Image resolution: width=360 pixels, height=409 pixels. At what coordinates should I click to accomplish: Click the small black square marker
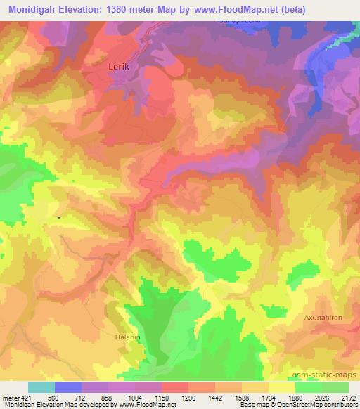58,218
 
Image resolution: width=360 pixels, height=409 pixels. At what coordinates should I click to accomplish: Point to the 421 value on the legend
25,397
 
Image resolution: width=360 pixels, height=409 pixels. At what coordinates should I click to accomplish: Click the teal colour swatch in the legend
41,387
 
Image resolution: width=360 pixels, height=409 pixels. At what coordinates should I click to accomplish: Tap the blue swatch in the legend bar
68,387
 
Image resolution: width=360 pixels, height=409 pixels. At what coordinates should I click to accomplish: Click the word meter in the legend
10,397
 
